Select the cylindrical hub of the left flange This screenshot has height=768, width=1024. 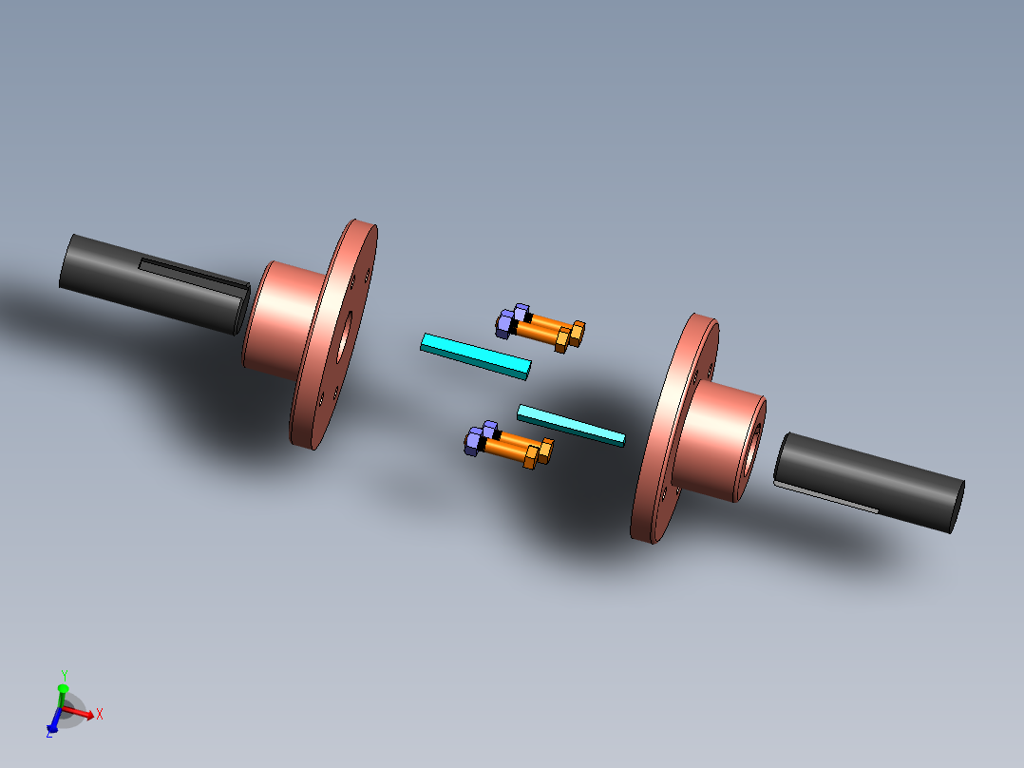280,318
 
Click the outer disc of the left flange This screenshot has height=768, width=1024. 323,399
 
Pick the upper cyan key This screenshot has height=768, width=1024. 475,355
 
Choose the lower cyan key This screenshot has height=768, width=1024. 570,425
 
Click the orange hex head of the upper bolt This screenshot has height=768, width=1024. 571,336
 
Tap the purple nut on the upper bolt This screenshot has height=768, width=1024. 511,322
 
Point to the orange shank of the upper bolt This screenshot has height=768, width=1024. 540,329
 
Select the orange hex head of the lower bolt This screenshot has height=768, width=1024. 539,453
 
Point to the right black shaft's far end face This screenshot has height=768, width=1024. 958,505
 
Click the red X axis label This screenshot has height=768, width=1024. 99,714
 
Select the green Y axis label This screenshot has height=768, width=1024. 64,676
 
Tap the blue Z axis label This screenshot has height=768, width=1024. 48,733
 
